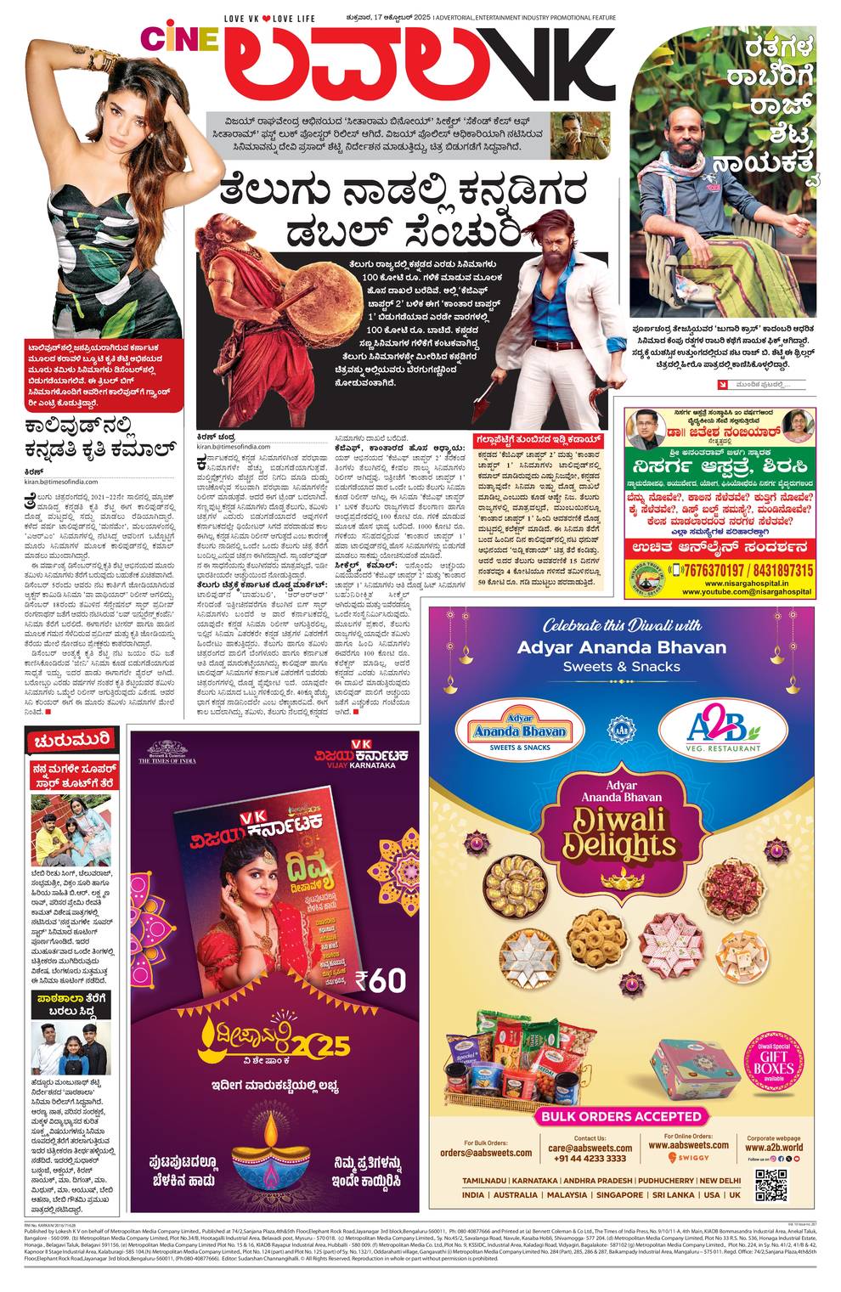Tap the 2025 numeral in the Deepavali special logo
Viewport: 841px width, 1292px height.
[323, 1046]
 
